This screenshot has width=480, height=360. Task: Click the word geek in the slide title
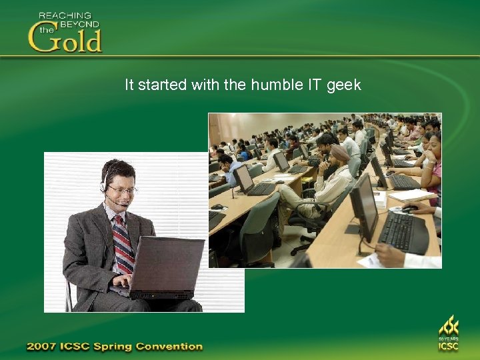[344, 85]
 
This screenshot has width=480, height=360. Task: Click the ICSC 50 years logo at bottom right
[448, 333]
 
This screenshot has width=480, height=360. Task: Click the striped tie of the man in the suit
[123, 243]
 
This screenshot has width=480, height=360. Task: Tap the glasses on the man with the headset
[123, 191]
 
